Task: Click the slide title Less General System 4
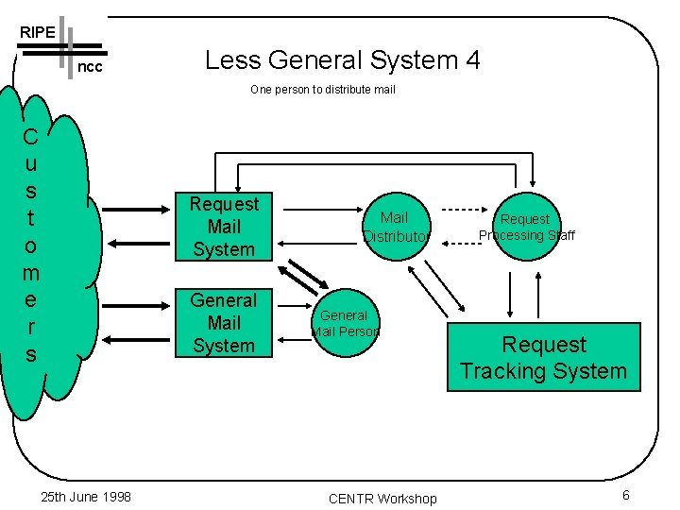pos(342,60)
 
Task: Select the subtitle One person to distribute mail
pos(322,90)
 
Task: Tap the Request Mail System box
pos(224,227)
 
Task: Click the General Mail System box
pos(224,323)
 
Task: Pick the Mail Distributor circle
pos(395,227)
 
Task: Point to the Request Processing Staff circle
pos(525,227)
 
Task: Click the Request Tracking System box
pos(543,358)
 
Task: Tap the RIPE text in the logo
pos(37,32)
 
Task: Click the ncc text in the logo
pos(89,68)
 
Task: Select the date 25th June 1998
pos(87,497)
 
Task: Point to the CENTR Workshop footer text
pos(382,499)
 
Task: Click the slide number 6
pos(625,497)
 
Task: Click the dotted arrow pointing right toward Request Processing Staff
pos(462,210)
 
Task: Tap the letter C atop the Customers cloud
pos(30,138)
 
